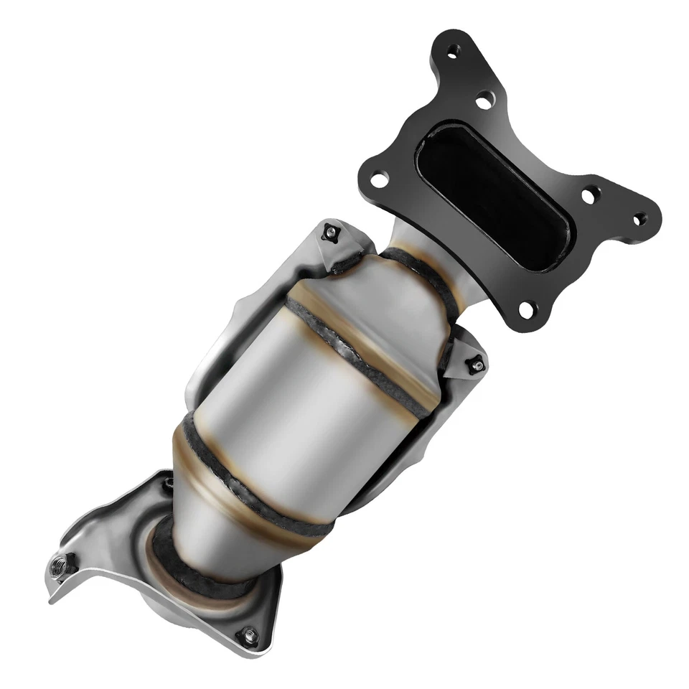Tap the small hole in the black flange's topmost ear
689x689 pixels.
[453, 50]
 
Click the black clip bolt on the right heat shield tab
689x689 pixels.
[475, 365]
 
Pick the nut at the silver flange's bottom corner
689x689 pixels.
[248, 634]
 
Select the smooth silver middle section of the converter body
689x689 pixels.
[301, 409]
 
